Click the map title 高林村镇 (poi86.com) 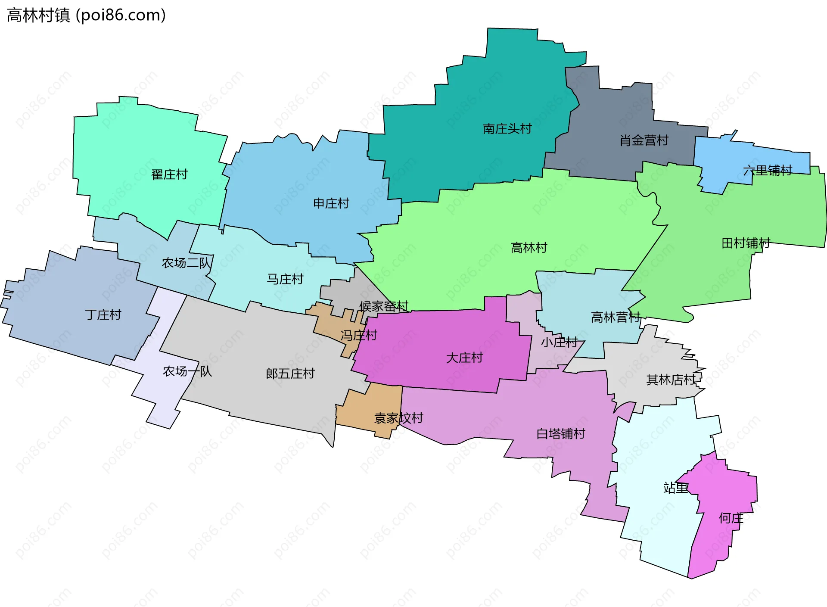[86, 15]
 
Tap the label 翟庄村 [169, 174]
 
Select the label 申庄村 [331, 203]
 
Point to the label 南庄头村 [507, 129]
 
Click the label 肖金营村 [644, 140]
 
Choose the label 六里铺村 [768, 171]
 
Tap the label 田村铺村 [746, 243]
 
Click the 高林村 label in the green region [529, 248]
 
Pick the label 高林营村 [616, 318]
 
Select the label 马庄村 [285, 279]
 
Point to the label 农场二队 [187, 263]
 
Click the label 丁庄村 [103, 315]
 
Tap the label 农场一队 [187, 371]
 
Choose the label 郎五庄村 [290, 374]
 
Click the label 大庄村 [464, 358]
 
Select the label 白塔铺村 [561, 434]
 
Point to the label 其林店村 [671, 380]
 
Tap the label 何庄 [731, 518]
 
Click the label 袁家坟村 [398, 418]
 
